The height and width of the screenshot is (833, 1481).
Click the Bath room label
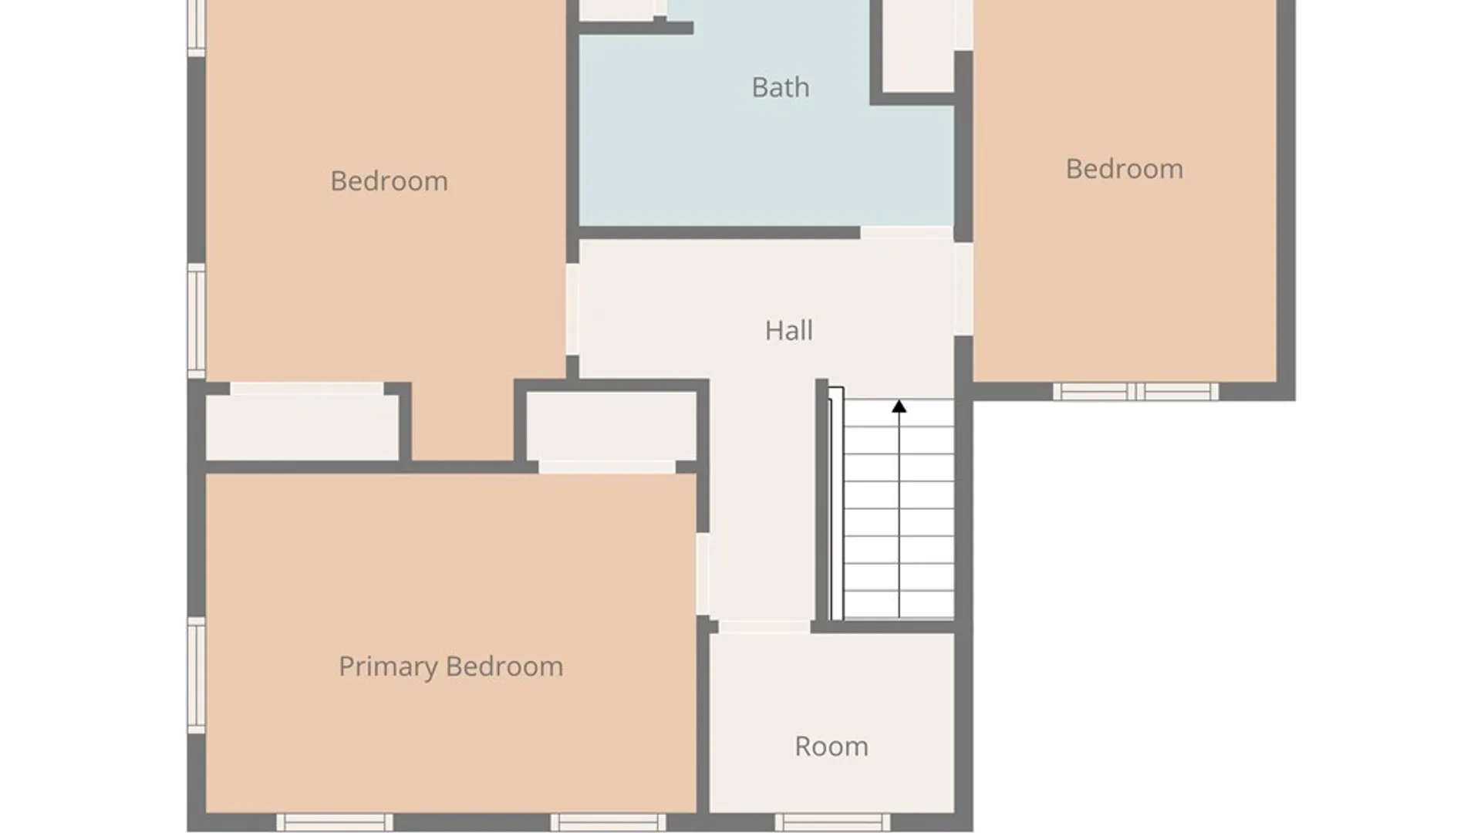(x=781, y=87)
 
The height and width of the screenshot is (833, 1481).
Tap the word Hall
(x=788, y=330)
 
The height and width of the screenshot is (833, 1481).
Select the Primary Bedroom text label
(x=450, y=666)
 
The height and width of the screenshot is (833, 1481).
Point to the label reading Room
(x=832, y=746)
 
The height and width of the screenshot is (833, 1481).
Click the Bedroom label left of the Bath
(x=389, y=180)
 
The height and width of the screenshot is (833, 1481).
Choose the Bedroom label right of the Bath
(x=1124, y=168)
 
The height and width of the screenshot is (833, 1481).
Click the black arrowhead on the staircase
(x=899, y=406)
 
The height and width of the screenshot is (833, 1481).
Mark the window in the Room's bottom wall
(x=832, y=822)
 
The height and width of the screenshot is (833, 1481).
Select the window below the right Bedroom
(x=1136, y=392)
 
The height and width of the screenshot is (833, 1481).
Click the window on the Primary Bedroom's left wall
(x=197, y=675)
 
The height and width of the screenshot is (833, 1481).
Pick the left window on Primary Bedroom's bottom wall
(x=335, y=822)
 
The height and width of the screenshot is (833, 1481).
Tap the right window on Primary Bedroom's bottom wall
(x=608, y=822)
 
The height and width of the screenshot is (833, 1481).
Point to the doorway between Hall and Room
(x=764, y=627)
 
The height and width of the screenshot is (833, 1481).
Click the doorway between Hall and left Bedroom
(x=572, y=309)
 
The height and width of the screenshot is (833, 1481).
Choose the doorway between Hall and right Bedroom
(x=963, y=289)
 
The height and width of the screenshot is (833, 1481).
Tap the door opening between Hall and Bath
(x=907, y=233)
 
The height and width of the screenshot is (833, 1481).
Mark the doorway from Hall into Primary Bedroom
(x=703, y=574)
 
